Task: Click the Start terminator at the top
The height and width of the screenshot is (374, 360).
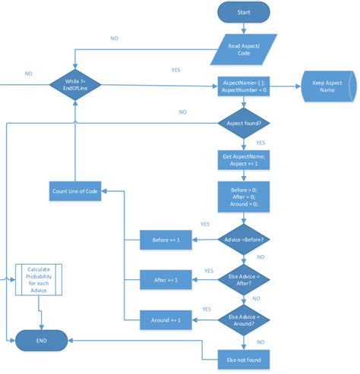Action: click(244, 14)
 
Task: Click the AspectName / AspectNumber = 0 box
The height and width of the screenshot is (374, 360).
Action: click(244, 85)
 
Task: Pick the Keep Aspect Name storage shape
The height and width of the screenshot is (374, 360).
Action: click(328, 85)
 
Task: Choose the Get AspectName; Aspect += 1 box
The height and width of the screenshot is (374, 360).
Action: click(244, 160)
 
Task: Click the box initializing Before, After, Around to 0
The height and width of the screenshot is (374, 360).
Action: click(244, 197)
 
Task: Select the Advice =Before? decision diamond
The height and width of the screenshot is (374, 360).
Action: click(244, 240)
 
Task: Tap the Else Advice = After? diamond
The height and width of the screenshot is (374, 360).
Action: click(244, 280)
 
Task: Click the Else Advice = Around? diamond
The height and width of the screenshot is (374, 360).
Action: click(244, 319)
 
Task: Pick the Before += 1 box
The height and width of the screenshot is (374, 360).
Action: click(166, 241)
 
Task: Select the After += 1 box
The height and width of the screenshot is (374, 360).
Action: click(166, 281)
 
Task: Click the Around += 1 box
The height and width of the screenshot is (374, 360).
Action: click(166, 320)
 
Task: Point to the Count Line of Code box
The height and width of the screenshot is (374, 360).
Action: click(74, 190)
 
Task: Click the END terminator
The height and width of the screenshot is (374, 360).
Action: click(41, 341)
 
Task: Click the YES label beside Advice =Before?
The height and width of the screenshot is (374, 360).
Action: click(204, 225)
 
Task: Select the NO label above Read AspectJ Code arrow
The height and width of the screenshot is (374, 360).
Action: click(114, 37)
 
